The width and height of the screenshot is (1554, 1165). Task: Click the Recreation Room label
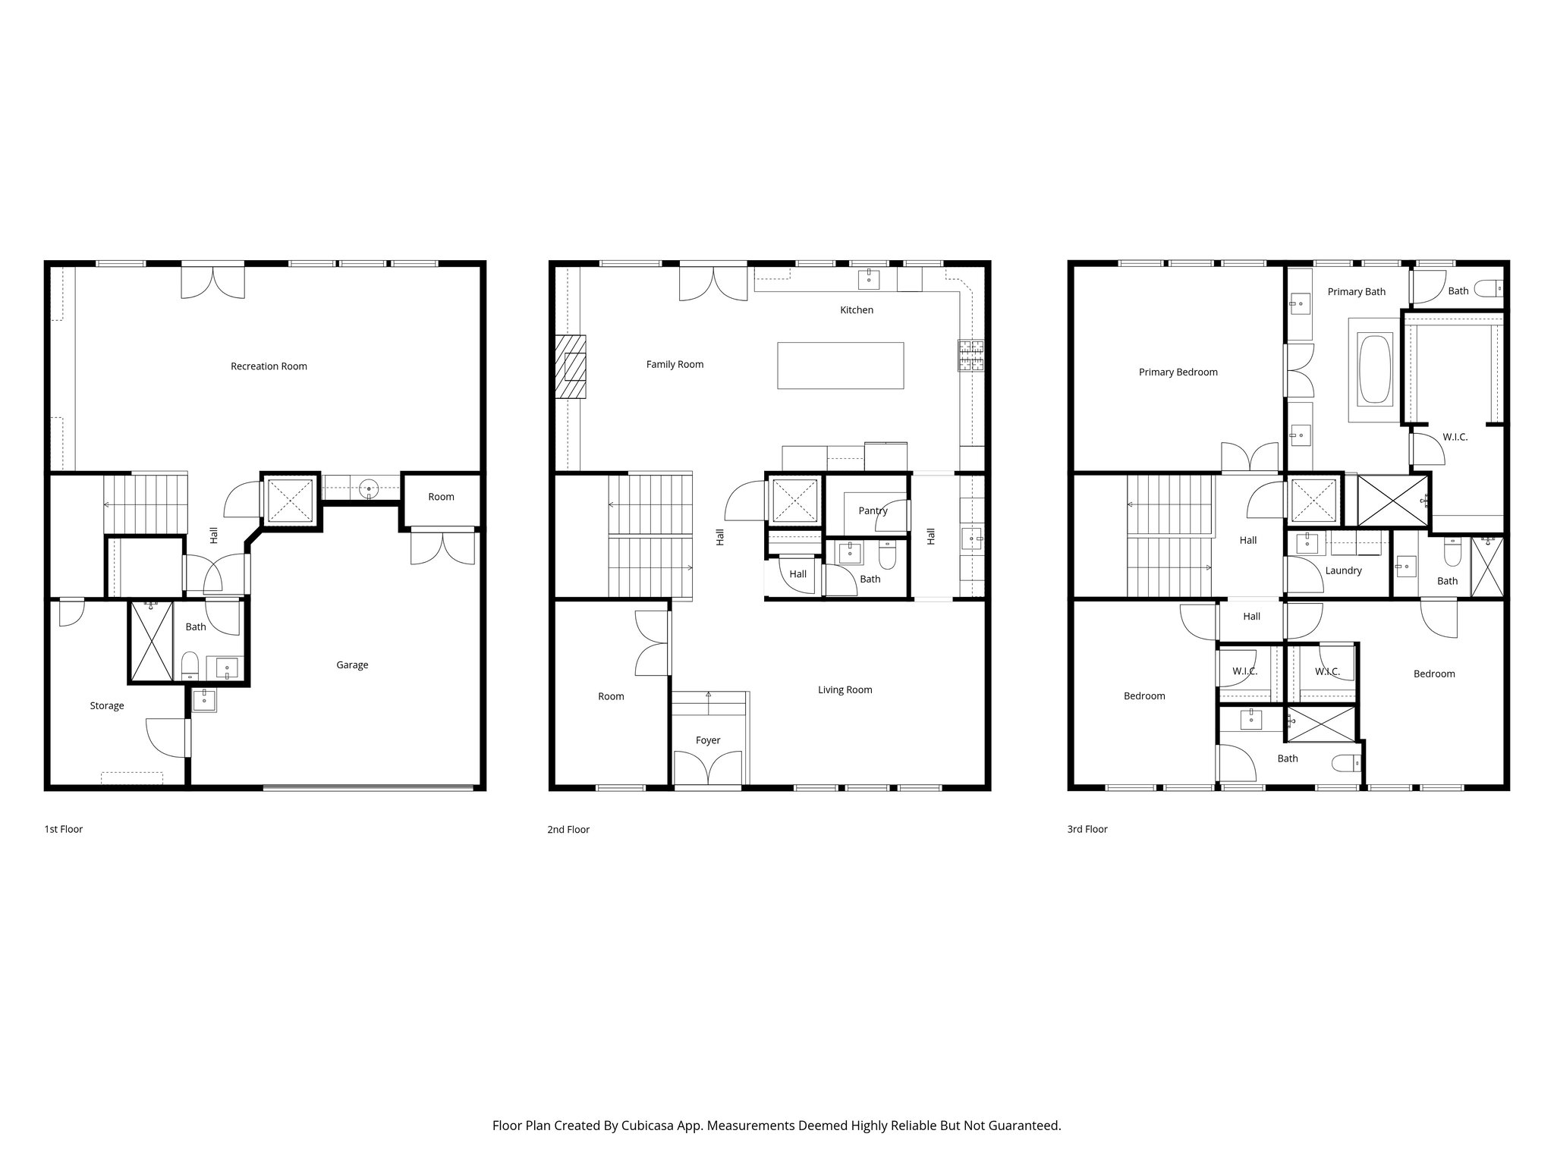[x=269, y=366]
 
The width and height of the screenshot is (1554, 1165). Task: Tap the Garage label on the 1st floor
[x=352, y=665]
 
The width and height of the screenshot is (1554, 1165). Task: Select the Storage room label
[x=107, y=706]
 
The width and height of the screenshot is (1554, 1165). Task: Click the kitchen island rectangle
[x=840, y=366]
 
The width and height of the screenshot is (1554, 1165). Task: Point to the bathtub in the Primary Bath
[x=1374, y=370]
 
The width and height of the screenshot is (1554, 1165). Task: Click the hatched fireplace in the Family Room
[x=571, y=366]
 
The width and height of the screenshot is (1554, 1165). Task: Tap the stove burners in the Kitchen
[x=970, y=356]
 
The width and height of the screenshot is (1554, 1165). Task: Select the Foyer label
[x=708, y=740]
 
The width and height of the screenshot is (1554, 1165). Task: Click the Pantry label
[x=873, y=510]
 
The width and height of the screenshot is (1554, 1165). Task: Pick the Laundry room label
[x=1343, y=570]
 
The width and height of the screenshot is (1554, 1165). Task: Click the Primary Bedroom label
[x=1178, y=372]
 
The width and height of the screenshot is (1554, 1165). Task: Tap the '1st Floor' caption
[x=63, y=829]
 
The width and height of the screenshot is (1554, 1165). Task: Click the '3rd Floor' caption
[x=1087, y=829]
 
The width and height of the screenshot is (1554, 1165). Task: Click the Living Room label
[x=845, y=690]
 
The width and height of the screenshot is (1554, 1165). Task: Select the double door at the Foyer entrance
[x=708, y=768]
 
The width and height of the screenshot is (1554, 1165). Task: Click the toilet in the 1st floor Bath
[x=190, y=666]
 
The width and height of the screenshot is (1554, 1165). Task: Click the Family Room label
[x=675, y=365]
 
